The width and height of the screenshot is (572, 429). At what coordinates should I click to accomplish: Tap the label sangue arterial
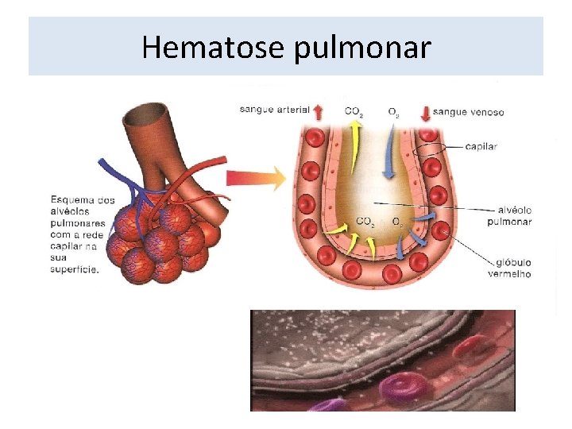pos(274,110)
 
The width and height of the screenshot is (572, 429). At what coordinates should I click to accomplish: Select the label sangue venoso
pos(469,112)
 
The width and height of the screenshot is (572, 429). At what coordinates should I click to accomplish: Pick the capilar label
pos(481,146)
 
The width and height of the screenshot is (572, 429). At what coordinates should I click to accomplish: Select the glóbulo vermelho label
pos(509,267)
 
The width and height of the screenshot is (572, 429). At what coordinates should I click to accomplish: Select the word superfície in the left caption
pos(74,269)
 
